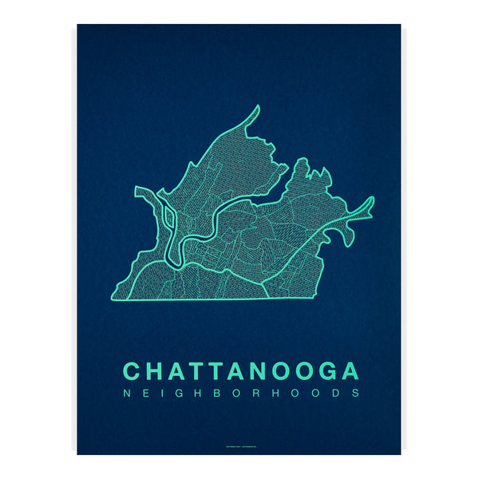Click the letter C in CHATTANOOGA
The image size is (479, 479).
(133, 371)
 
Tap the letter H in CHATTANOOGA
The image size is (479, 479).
(154, 371)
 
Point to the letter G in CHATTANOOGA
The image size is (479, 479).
(327, 371)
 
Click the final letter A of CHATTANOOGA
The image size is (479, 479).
(350, 371)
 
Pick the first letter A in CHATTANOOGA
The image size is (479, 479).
(176, 371)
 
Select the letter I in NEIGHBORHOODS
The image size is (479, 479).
(163, 393)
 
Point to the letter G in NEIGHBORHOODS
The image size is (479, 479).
(180, 393)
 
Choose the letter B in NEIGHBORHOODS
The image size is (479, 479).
(219, 393)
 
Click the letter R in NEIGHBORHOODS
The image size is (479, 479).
(259, 393)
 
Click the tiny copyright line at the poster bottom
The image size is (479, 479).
(239, 445)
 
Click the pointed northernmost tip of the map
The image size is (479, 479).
(258, 107)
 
